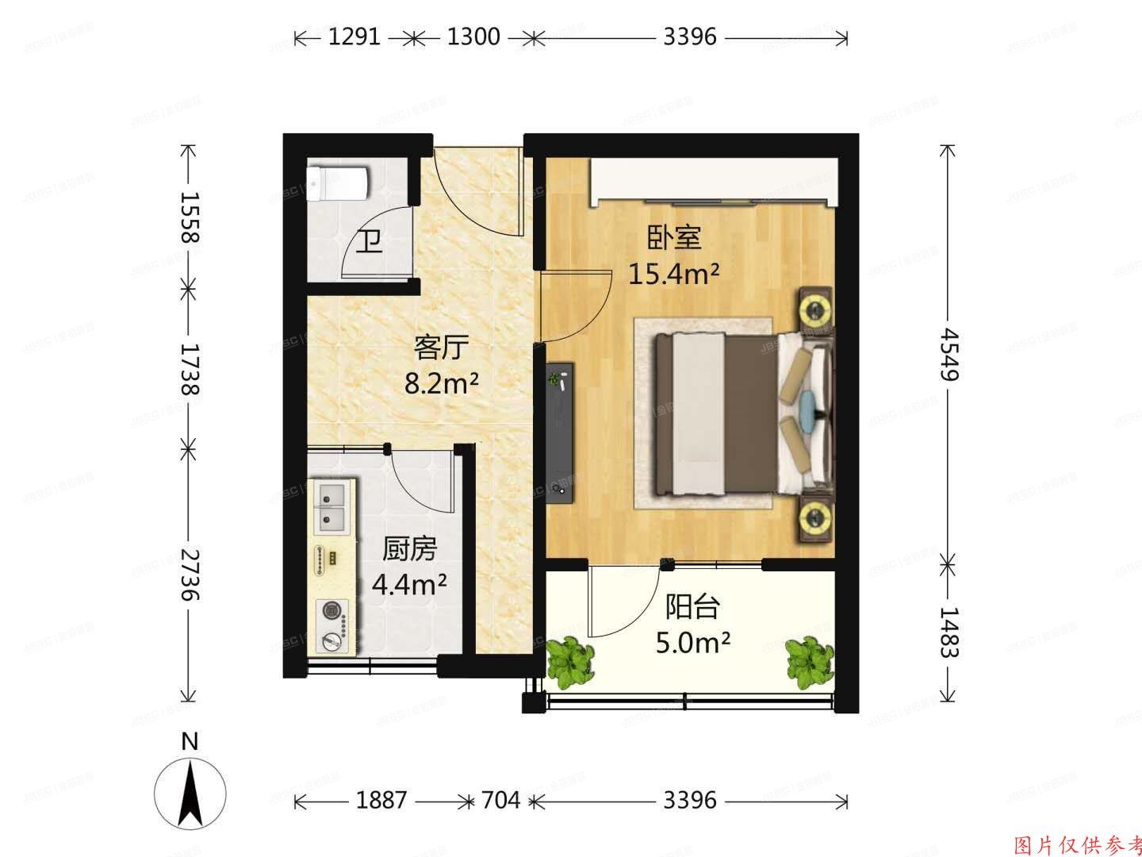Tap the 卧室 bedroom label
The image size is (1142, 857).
[x=674, y=236]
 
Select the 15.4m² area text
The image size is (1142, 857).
[x=674, y=274]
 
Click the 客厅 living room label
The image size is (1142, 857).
[x=442, y=348]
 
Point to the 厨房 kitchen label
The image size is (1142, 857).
[x=409, y=548]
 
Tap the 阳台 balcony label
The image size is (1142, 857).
[x=692, y=607]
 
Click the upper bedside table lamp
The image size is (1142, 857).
[x=814, y=307]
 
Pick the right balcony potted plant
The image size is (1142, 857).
[x=809, y=661]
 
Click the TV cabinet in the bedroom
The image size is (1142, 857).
[x=563, y=432]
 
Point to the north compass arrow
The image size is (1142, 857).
[x=190, y=794]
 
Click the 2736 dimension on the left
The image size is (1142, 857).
[x=188, y=574]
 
